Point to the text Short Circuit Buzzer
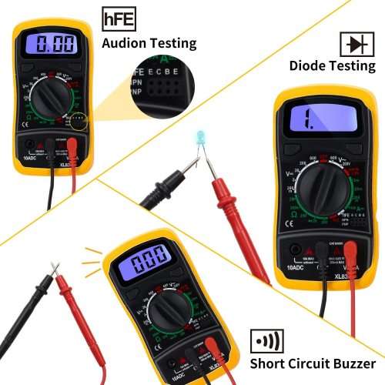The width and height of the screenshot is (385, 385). point(312,363)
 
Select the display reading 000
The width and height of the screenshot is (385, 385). point(146,262)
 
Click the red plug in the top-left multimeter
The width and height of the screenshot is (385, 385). point(71,144)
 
